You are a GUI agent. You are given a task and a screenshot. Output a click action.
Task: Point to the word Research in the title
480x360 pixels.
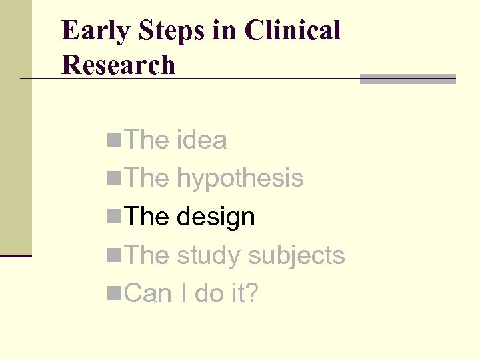[x=118, y=65]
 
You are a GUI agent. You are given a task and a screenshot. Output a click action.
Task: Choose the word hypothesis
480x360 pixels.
[x=240, y=179]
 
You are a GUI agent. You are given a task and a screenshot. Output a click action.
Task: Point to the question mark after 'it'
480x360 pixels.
[x=251, y=293]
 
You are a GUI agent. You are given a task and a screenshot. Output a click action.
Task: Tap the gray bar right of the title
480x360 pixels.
[x=407, y=79]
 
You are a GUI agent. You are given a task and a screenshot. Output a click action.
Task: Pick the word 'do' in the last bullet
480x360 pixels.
[x=207, y=293]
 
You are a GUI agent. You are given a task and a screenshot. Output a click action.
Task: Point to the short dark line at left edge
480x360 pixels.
[x=15, y=255]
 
